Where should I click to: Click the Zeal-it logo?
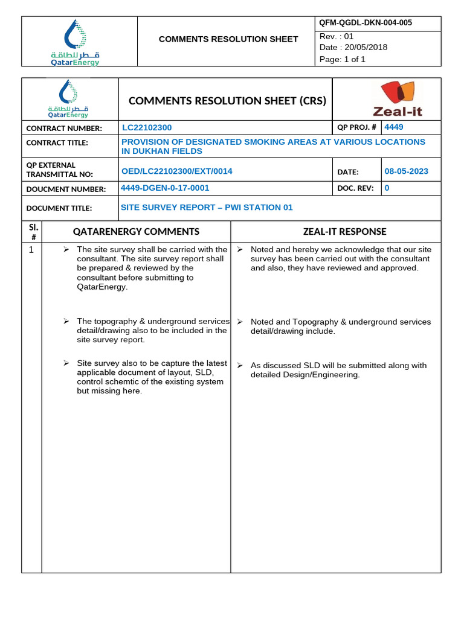[x=397, y=100]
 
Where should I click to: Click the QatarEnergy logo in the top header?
[x=75, y=42]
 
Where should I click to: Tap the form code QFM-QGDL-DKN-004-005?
[x=366, y=24]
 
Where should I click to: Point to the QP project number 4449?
[x=394, y=127]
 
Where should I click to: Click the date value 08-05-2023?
[x=406, y=171]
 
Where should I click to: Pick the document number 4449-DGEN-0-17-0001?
[x=165, y=188]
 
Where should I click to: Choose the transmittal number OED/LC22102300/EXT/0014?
[x=177, y=171]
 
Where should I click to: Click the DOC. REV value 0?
[x=387, y=188]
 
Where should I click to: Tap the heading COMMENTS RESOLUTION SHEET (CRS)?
[x=227, y=101]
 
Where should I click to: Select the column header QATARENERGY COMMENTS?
[x=136, y=232]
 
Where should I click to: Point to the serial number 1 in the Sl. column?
[x=31, y=250]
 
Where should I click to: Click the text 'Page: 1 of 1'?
[x=343, y=59]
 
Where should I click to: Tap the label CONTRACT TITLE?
[x=57, y=143]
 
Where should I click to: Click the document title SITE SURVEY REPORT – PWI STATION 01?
[x=207, y=208]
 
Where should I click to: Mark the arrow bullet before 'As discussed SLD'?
[x=240, y=366]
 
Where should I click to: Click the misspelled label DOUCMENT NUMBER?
[x=66, y=189]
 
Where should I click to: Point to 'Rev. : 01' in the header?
[x=337, y=36]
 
